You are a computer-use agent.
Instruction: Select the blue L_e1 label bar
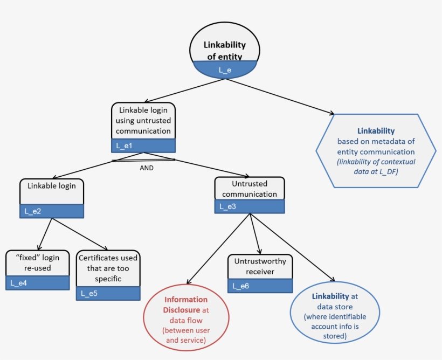(x=143, y=145)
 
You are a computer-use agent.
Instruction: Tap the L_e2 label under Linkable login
(x=52, y=211)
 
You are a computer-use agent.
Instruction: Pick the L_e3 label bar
(x=250, y=206)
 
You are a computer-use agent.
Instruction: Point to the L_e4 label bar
(x=37, y=283)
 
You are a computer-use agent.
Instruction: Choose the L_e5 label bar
(x=108, y=293)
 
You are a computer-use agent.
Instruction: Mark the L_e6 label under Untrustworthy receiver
(x=260, y=286)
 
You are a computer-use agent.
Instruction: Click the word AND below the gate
(x=146, y=168)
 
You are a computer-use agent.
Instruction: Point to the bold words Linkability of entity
(x=224, y=51)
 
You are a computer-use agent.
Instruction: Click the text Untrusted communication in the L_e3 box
(x=250, y=189)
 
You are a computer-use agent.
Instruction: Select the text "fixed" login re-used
(x=37, y=262)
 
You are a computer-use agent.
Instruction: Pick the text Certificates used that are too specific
(x=108, y=268)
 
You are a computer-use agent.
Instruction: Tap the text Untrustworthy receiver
(x=260, y=266)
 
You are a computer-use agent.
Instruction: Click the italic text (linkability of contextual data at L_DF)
(x=375, y=165)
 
